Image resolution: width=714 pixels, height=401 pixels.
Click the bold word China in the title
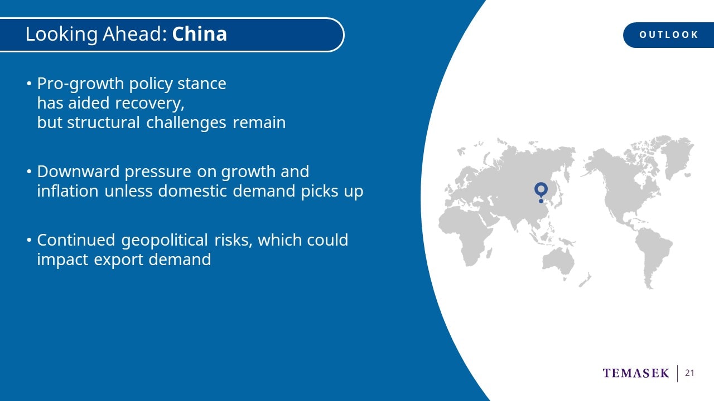200,34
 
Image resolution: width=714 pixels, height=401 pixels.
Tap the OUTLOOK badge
669,35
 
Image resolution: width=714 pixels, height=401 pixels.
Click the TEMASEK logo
636,373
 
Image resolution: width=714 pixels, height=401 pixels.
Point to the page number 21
689,373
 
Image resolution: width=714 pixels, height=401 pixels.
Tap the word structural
103,123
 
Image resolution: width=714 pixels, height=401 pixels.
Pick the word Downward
78,172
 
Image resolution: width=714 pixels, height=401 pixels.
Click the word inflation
67,191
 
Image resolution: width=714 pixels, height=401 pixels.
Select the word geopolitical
165,241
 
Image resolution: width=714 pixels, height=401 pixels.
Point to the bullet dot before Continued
29,240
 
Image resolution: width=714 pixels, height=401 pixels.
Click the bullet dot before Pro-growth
29,84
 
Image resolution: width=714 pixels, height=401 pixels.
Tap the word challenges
186,123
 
